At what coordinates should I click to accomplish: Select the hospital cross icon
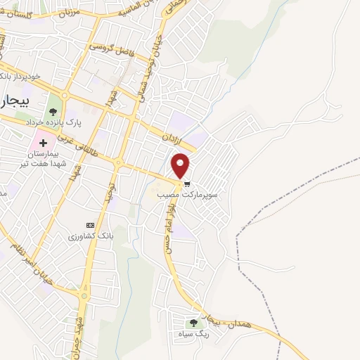(x=43, y=143)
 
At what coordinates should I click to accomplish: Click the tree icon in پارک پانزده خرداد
(x=52, y=110)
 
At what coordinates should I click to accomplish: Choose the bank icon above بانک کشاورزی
(x=89, y=225)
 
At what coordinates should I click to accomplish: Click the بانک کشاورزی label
(x=90, y=236)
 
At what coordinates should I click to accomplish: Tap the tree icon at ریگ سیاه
(x=193, y=323)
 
